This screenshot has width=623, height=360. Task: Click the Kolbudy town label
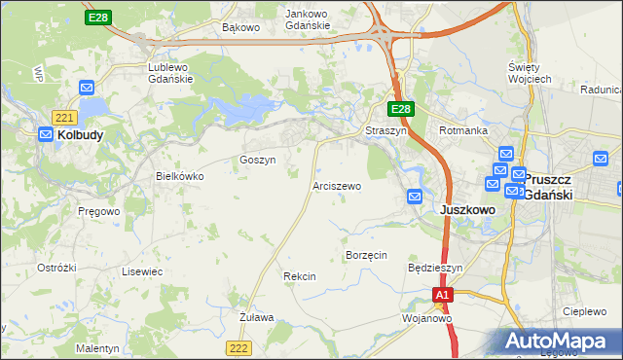pyautogui.click(x=81, y=135)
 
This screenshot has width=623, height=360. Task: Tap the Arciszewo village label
pyautogui.click(x=337, y=185)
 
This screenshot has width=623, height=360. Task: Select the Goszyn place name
pyautogui.click(x=258, y=160)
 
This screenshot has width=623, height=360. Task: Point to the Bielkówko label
pyautogui.click(x=180, y=176)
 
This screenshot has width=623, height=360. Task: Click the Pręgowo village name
pyautogui.click(x=99, y=209)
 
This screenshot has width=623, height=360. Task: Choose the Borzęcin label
pyautogui.click(x=367, y=254)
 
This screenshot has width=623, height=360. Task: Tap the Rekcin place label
pyautogui.click(x=299, y=277)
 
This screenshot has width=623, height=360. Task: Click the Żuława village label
pyautogui.click(x=257, y=317)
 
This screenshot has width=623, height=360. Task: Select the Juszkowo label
pyautogui.click(x=469, y=209)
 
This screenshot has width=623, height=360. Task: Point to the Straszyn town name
pyautogui.click(x=383, y=130)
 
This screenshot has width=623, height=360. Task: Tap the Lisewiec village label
pyautogui.click(x=142, y=271)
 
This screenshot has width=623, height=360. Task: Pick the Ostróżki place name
pyautogui.click(x=56, y=267)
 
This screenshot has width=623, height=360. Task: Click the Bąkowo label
pyautogui.click(x=240, y=27)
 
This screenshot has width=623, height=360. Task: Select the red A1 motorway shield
pyautogui.click(x=443, y=294)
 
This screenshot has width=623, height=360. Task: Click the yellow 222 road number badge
pyautogui.click(x=239, y=347)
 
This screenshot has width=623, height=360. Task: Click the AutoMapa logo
pyautogui.click(x=560, y=342)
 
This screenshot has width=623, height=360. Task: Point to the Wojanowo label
pyautogui.click(x=428, y=318)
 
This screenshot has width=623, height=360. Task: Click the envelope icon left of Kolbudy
pyautogui.click(x=46, y=135)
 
